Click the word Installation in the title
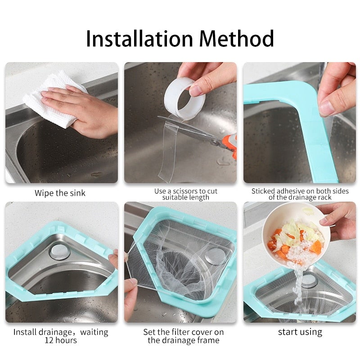click(139, 38)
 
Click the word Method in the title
click(237, 38)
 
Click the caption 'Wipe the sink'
click(60, 193)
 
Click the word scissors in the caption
click(185, 191)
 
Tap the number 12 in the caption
click(49, 340)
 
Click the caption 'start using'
click(300, 332)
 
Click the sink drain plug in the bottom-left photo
click(59, 252)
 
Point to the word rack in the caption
click(324, 198)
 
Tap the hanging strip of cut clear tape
click(167, 149)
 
